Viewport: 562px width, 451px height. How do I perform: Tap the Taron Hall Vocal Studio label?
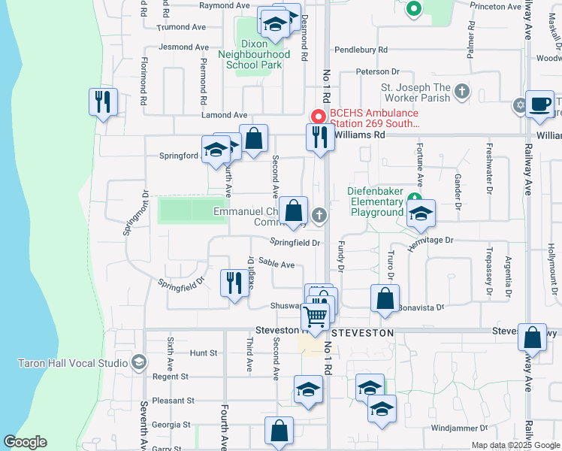coord(72,363)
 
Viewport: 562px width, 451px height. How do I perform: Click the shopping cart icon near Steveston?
coord(317,316)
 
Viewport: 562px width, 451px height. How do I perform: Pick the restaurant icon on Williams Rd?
coord(320,137)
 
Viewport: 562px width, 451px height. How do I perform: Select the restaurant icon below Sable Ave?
coord(234,283)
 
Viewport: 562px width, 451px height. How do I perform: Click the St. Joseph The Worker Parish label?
coord(415,92)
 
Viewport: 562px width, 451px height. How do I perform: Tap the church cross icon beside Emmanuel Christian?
coord(319,216)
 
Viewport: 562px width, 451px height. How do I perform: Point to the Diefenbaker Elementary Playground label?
coord(376,201)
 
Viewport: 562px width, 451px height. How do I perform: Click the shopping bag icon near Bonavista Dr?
coord(385,298)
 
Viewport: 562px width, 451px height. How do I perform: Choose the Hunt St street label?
coord(203,353)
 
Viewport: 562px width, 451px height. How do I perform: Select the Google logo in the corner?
coord(25,442)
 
